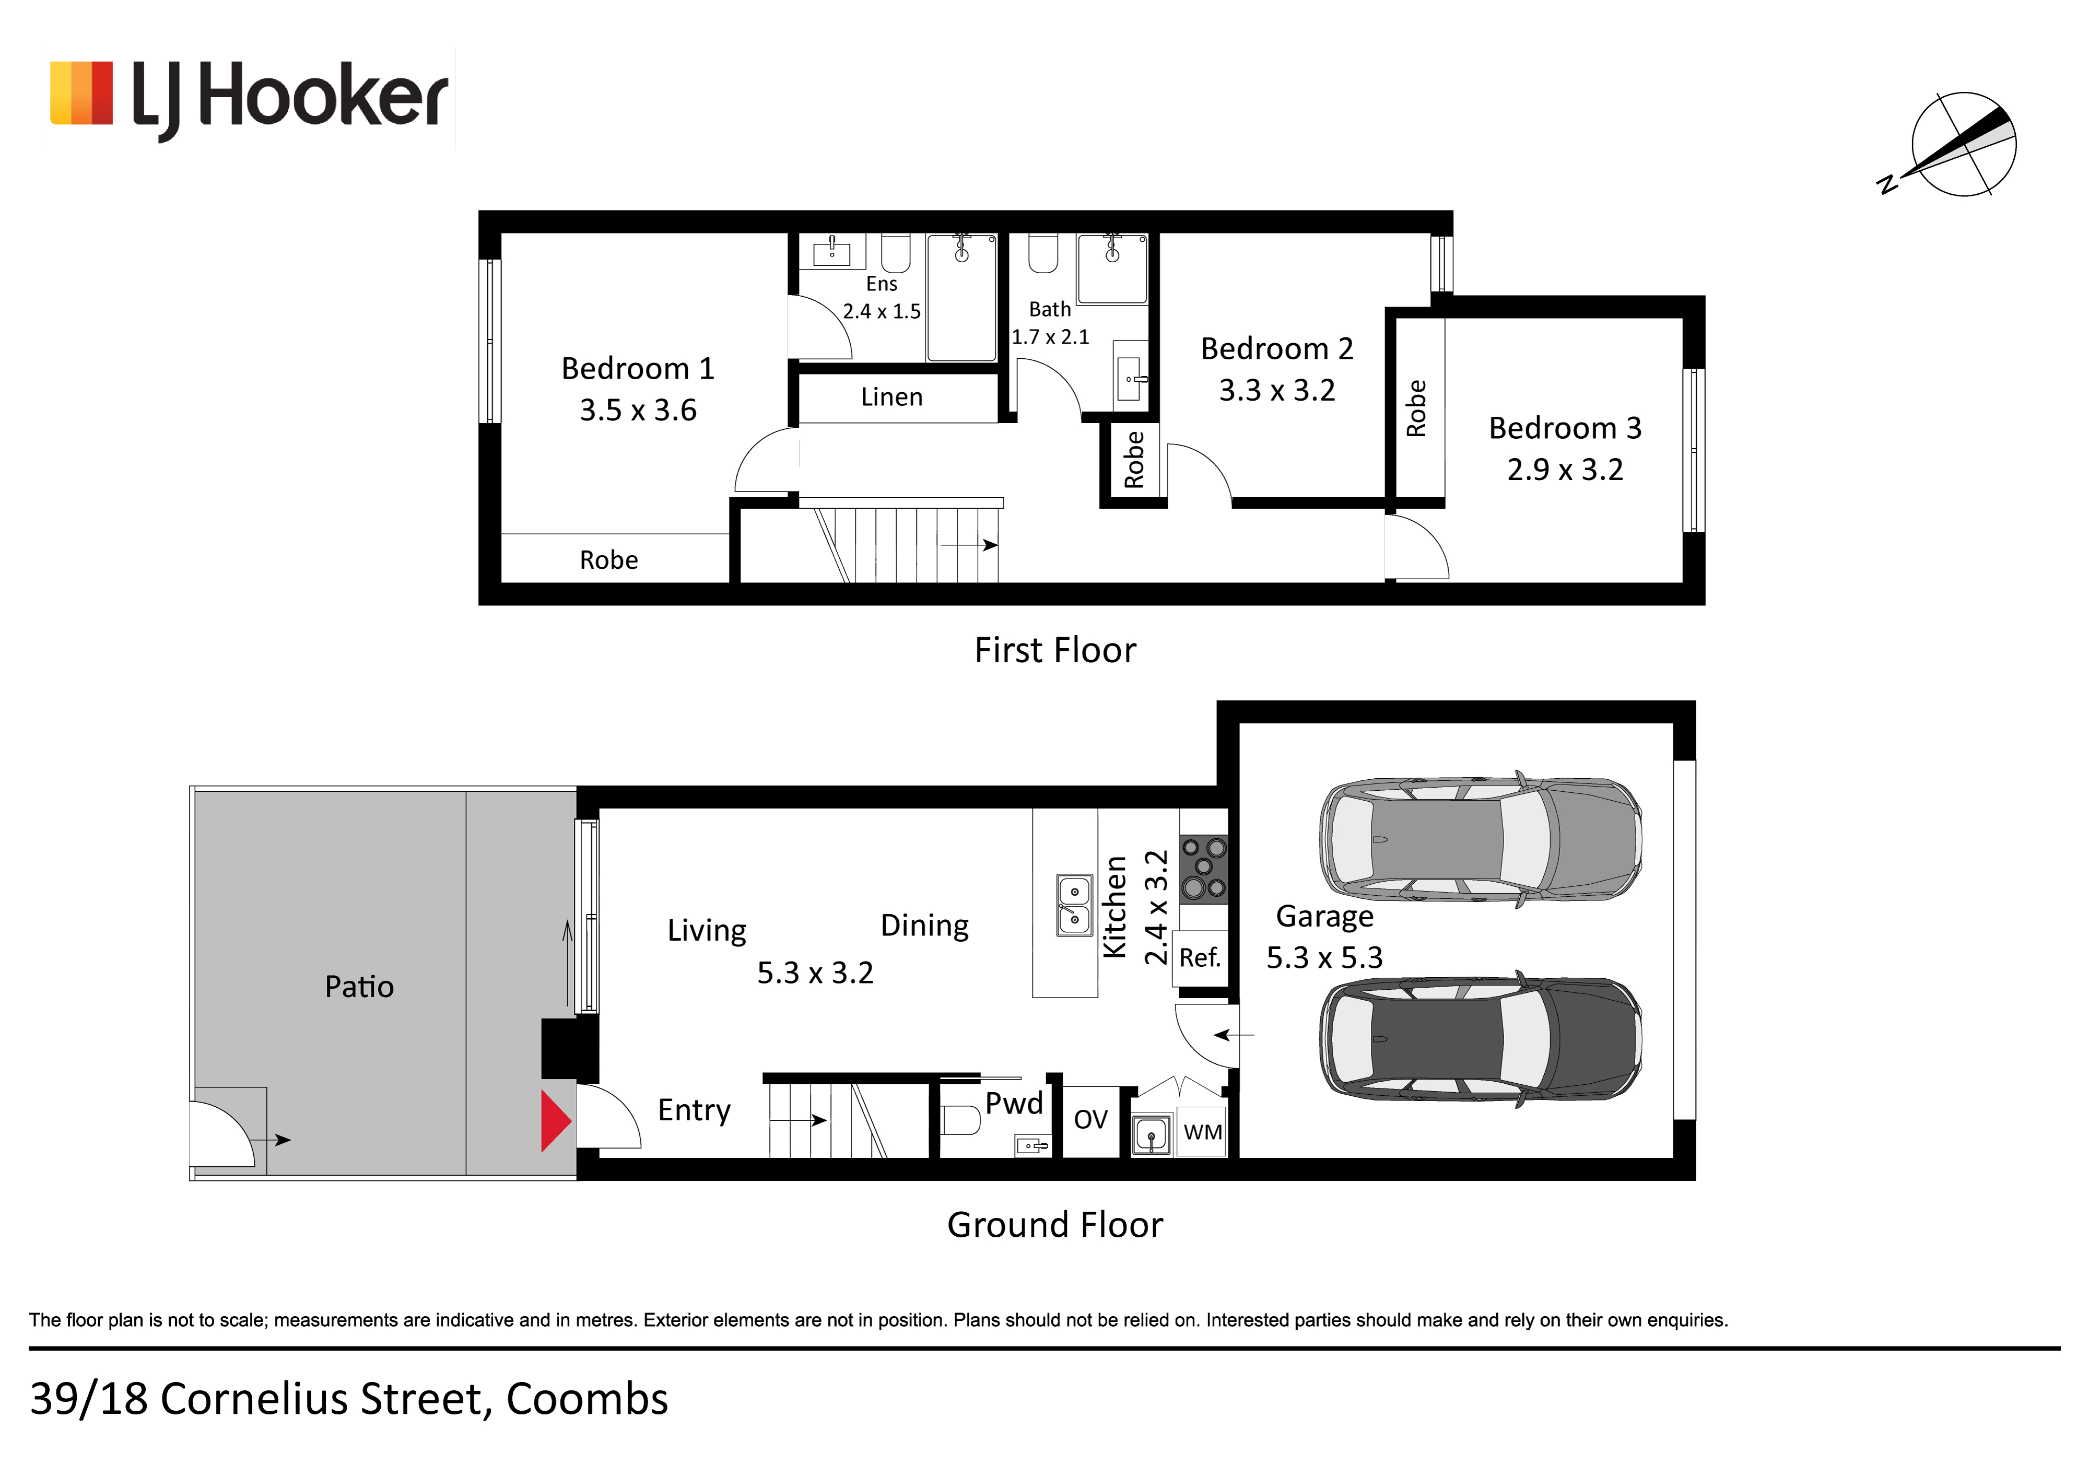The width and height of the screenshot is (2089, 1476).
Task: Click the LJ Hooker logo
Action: pyautogui.click(x=249, y=98)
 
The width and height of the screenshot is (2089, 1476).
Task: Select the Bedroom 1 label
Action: pyautogui.click(x=638, y=369)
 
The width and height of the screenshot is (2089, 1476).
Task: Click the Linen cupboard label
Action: pyautogui.click(x=891, y=397)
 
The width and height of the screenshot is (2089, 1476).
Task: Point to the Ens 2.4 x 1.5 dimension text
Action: pyautogui.click(x=882, y=311)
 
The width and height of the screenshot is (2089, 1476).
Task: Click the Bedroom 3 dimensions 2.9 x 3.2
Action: pyautogui.click(x=1565, y=470)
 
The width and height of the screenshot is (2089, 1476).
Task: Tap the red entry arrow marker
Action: pyautogui.click(x=556, y=1121)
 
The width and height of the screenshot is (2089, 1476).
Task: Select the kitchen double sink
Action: pyautogui.click(x=1074, y=906)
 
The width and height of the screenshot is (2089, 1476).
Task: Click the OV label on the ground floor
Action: pyautogui.click(x=1091, y=1119)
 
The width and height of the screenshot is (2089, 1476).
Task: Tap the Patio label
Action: pyautogui.click(x=359, y=987)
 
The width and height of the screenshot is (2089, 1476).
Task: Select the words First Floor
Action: pyautogui.click(x=1055, y=651)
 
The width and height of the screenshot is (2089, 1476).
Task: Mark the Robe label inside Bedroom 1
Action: pyautogui.click(x=609, y=560)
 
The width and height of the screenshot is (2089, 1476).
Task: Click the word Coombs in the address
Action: pyautogui.click(x=587, y=1400)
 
